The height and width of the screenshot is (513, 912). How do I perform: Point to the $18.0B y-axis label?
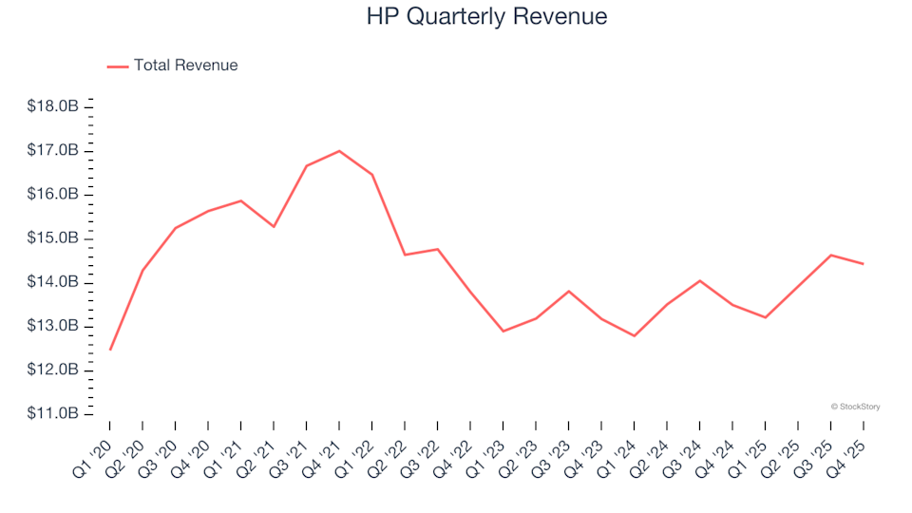pyautogui.click(x=52, y=106)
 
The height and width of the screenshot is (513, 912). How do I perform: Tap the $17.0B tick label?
pyautogui.click(x=52, y=150)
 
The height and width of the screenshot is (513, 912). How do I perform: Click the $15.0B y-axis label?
pyautogui.click(x=52, y=238)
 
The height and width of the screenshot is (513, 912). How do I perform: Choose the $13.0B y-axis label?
pyautogui.click(x=52, y=326)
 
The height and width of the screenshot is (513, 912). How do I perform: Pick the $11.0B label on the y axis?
pyautogui.click(x=52, y=413)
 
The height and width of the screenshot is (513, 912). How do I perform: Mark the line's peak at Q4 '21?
pyautogui.click(x=339, y=151)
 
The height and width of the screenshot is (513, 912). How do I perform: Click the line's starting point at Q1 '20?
pyautogui.click(x=110, y=350)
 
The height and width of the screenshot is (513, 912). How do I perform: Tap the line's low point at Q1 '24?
pyautogui.click(x=634, y=335)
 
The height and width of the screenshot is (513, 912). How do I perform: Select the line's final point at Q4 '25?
pyautogui.click(x=863, y=264)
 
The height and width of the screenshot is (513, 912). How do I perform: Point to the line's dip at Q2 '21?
pyautogui.click(x=274, y=226)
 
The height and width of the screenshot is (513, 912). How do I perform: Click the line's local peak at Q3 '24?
pyautogui.click(x=699, y=281)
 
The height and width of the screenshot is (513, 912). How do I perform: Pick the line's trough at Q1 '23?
pyautogui.click(x=503, y=331)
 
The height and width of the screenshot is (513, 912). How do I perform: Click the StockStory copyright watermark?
pyautogui.click(x=855, y=407)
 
